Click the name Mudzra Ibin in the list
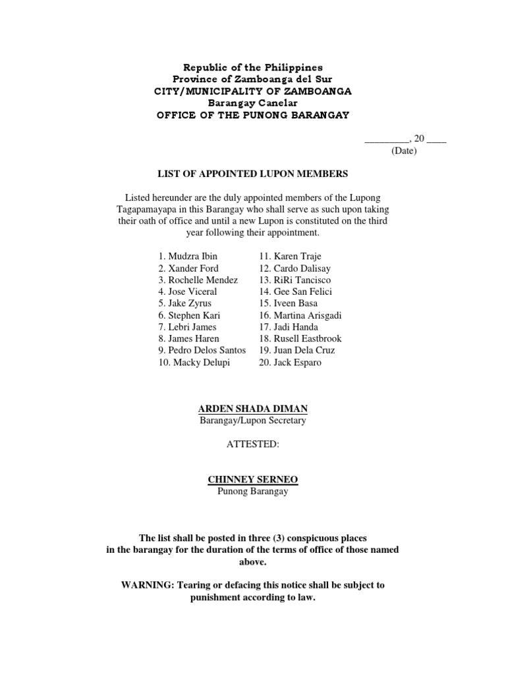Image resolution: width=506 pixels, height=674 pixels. click(x=192, y=256)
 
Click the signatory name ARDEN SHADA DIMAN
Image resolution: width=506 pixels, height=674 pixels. click(x=252, y=409)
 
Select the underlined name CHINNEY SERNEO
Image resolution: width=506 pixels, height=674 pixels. click(x=252, y=480)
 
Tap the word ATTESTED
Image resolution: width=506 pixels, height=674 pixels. click(x=252, y=444)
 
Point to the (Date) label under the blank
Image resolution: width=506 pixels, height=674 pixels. click(x=404, y=151)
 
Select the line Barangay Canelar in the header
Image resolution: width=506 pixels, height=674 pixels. click(x=252, y=103)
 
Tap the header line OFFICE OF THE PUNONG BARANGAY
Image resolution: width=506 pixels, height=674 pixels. click(x=252, y=115)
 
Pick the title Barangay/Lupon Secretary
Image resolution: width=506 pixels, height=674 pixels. click(x=252, y=421)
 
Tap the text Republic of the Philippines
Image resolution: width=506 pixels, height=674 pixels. click(x=252, y=68)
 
